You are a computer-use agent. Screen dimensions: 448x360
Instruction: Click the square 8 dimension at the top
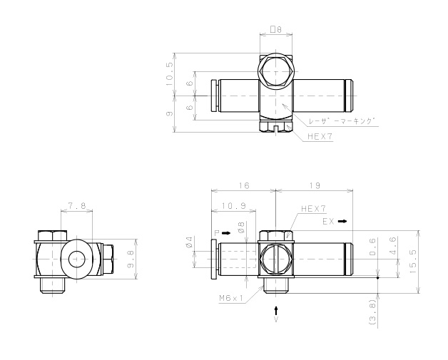pos(276,29)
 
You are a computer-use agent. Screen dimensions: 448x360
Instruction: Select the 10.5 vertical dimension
pos(169,74)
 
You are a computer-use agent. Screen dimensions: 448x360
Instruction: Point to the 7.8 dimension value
pos(77,205)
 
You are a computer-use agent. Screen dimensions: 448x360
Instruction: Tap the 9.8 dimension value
pos(131,259)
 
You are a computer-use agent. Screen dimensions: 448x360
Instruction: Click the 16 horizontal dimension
pos(244,185)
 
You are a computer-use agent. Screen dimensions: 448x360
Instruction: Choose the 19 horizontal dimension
pos(315,185)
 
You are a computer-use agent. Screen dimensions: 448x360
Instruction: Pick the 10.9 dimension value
pos(234,206)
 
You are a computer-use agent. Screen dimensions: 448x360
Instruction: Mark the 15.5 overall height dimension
pos(413,262)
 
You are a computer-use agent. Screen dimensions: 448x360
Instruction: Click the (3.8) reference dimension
pos(372,312)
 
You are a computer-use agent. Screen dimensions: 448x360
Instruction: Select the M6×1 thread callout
pos(231,298)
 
